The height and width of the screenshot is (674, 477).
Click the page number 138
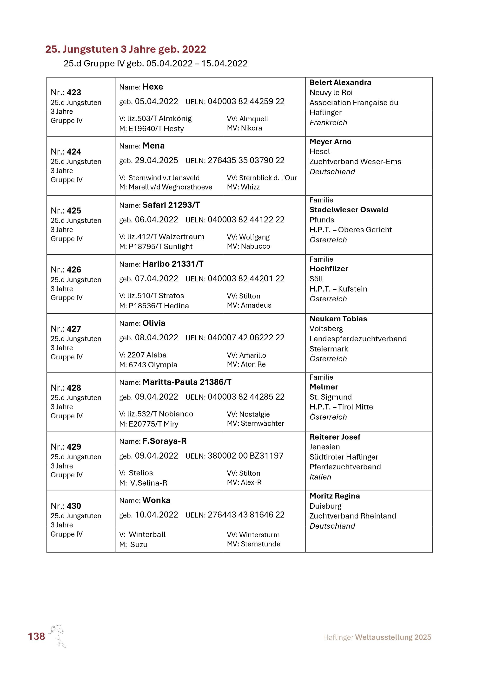36,636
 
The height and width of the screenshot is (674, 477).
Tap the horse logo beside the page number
58,635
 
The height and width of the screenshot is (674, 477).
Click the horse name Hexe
152,87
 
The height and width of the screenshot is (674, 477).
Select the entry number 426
74,270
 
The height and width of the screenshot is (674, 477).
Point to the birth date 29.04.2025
156,161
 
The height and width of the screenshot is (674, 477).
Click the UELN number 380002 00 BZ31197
245,456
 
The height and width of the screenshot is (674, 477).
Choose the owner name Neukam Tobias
338,319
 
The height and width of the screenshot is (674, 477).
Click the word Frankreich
328,123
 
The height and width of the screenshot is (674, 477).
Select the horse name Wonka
156,500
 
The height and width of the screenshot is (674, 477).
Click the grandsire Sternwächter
262,423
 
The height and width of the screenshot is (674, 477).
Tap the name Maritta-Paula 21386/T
187,382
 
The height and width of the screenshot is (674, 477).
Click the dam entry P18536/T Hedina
159,306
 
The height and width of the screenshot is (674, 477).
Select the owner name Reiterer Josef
335,437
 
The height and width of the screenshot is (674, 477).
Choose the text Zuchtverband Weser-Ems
355,162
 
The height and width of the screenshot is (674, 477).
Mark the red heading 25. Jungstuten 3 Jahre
126,49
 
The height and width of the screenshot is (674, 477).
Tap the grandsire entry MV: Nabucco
248,246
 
